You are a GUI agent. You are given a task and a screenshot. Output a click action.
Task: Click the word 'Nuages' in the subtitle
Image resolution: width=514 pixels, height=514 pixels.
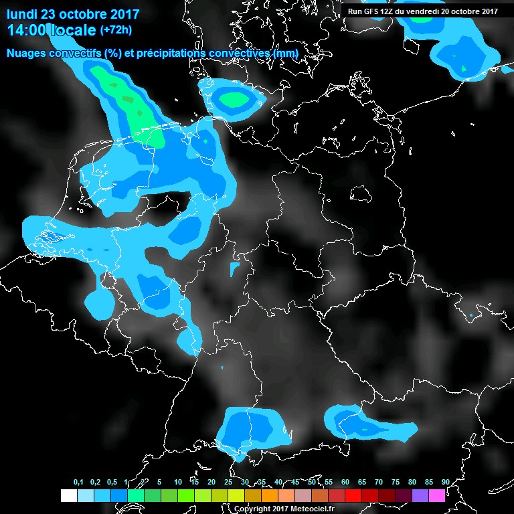(25, 53)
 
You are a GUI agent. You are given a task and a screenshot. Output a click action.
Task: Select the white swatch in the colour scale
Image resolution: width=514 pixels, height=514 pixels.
(68, 495)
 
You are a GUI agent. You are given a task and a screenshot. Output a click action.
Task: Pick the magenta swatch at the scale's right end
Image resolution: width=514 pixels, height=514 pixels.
(437, 495)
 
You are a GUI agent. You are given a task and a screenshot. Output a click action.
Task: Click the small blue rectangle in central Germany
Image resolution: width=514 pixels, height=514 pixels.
(234, 269)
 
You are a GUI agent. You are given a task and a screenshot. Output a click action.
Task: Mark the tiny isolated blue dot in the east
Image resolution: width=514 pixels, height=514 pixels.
(471, 315)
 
